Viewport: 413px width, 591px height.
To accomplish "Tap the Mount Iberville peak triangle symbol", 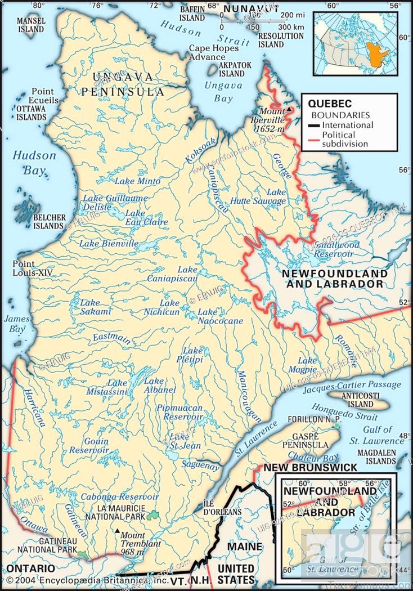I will click(289, 109).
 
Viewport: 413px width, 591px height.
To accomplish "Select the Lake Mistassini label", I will click(109, 388).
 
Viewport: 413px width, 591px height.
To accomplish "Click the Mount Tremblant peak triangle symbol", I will click(116, 531).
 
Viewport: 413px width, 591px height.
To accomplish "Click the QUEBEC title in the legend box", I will click(330, 104).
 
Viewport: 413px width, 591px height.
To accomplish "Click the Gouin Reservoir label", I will click(89, 446).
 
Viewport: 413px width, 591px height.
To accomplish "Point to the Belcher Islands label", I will click(49, 221).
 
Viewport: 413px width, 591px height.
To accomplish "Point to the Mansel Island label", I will click(30, 24).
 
